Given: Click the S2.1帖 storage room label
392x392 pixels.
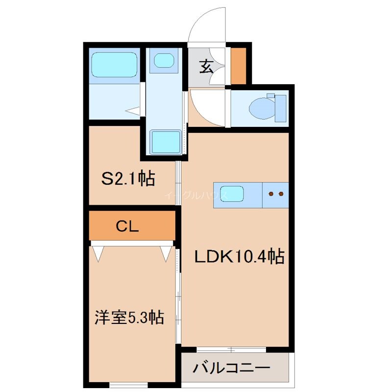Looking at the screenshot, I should [x=128, y=178].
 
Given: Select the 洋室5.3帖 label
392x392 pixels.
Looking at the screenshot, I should [x=129, y=318].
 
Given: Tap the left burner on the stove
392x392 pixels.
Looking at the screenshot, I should [x=271, y=194].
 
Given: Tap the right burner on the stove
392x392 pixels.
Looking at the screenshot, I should [x=281, y=194].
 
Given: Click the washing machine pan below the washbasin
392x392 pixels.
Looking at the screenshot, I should [x=164, y=142].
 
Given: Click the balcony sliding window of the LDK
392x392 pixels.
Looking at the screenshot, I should [x=231, y=349].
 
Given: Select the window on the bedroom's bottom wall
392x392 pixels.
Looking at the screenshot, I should [x=128, y=383].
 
